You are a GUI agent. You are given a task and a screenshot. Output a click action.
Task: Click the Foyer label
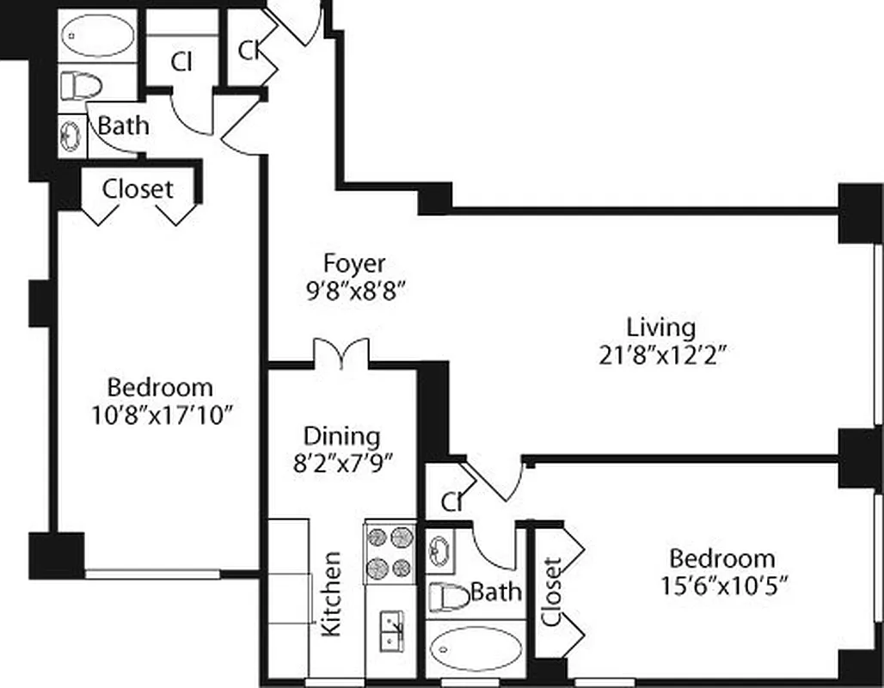[x=353, y=262]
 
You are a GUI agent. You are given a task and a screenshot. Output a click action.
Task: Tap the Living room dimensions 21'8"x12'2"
[x=660, y=355]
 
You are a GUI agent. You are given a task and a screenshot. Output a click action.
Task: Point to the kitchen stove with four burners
[x=390, y=552]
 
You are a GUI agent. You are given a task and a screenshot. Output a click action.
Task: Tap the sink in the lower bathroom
[x=440, y=548]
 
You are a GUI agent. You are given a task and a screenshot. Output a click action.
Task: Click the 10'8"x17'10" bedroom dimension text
[x=163, y=416]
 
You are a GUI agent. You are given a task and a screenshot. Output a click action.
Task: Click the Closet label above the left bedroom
[x=138, y=188]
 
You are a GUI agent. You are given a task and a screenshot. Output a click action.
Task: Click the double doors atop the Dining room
[x=341, y=354]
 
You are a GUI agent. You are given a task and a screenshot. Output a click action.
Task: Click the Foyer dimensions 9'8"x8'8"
[x=355, y=291]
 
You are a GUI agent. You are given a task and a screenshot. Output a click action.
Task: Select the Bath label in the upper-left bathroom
[x=123, y=126]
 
